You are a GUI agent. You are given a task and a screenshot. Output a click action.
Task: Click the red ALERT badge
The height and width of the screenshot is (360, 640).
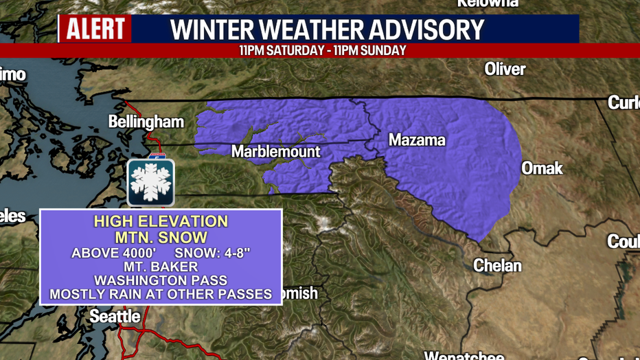(x=95, y=30)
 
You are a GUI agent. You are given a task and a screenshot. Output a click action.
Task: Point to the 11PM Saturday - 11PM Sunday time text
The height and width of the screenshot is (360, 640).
(x=323, y=51)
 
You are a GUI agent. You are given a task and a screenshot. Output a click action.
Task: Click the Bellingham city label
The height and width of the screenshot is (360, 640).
(x=146, y=122)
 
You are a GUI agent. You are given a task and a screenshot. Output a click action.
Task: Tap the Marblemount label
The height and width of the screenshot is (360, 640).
(x=275, y=151)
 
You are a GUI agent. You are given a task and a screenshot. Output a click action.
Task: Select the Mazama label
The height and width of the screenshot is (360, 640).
(x=417, y=140)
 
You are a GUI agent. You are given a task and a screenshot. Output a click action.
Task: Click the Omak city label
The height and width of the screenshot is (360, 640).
(x=542, y=168)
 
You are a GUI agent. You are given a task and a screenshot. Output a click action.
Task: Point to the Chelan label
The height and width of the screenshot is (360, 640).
(x=497, y=265)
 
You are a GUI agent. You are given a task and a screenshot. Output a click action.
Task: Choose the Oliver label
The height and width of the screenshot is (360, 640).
(x=505, y=69)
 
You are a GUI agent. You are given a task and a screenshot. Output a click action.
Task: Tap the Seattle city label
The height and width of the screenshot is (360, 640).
(x=115, y=317)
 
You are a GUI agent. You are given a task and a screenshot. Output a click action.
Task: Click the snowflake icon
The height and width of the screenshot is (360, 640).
(x=151, y=183)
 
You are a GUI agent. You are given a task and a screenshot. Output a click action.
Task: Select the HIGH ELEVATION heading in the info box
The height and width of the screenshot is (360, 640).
(x=161, y=222)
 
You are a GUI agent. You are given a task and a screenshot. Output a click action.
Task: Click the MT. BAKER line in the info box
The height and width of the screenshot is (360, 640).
(x=161, y=267)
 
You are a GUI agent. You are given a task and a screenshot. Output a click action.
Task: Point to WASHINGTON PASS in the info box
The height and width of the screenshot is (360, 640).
(x=161, y=280)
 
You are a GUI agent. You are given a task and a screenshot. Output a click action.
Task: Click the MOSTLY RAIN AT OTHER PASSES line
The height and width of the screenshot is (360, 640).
(x=161, y=295)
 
